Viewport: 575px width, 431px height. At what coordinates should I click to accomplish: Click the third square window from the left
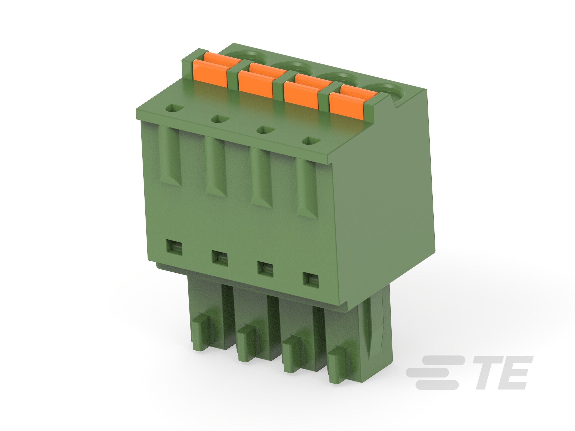[265, 269]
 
